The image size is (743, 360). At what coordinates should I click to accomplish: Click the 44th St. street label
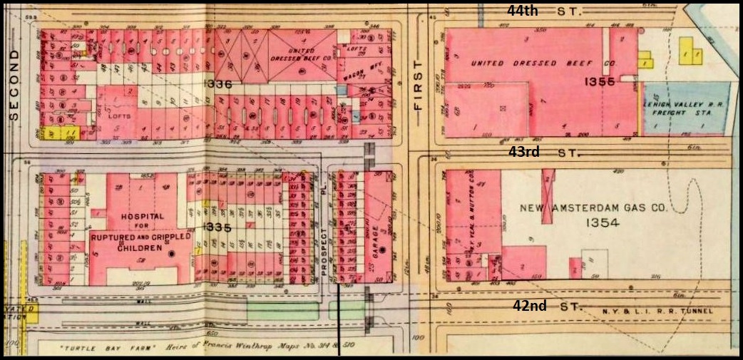pyautogui.click(x=545, y=11)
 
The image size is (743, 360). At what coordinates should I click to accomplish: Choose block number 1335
pyautogui.click(x=216, y=227)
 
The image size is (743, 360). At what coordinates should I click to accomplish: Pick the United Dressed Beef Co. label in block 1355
pyautogui.click(x=542, y=63)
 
